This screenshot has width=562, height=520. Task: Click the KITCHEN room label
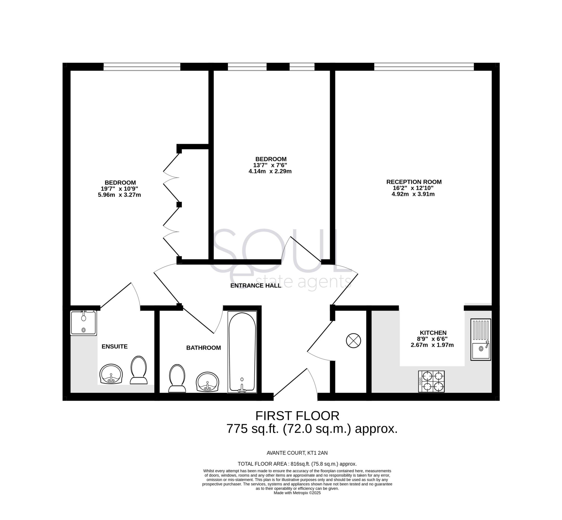(x=433, y=333)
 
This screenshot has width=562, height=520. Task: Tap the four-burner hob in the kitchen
(x=431, y=381)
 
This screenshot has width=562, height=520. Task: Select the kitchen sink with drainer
(x=480, y=339)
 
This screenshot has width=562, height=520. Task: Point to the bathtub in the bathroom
(x=242, y=352)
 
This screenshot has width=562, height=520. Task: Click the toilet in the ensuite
(x=139, y=370)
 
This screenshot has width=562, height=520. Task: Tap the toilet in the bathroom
(x=177, y=378)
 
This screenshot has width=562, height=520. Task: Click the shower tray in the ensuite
(x=83, y=323)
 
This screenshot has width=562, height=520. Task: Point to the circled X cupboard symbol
(x=353, y=340)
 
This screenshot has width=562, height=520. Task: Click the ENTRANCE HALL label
(x=255, y=286)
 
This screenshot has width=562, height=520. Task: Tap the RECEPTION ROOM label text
(x=414, y=182)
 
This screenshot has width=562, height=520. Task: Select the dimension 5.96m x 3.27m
(x=119, y=195)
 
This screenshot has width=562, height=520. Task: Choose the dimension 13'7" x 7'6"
(x=270, y=165)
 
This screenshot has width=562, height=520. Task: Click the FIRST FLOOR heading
(x=297, y=416)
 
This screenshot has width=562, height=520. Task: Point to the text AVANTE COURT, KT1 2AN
(x=297, y=453)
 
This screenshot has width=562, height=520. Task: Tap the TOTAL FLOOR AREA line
(x=297, y=464)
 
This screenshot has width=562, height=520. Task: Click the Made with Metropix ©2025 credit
(x=297, y=493)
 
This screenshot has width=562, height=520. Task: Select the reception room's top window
(x=424, y=67)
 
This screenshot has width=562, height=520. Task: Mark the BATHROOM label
(x=203, y=348)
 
